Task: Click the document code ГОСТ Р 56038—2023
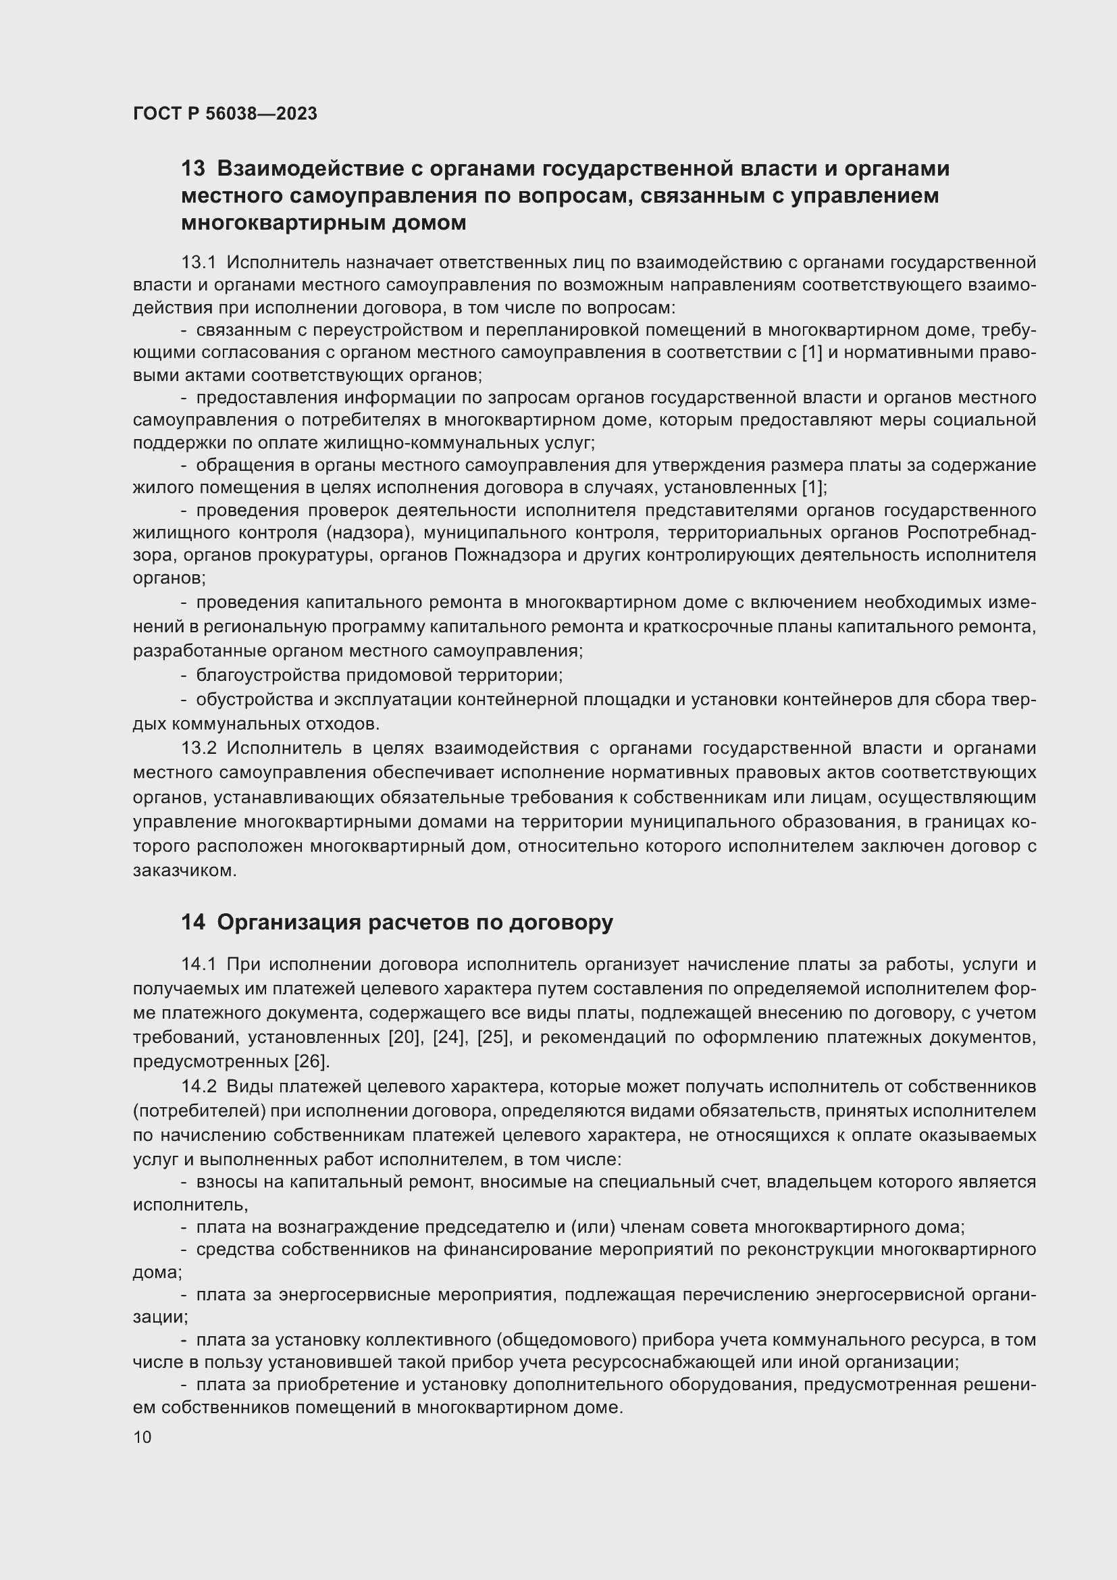pyautogui.click(x=225, y=113)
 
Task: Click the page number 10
pyautogui.click(x=142, y=1437)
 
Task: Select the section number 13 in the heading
pyautogui.click(x=192, y=169)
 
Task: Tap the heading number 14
pyautogui.click(x=192, y=922)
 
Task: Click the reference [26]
pyautogui.click(x=311, y=1061)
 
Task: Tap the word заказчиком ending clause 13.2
pyautogui.click(x=184, y=871)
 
